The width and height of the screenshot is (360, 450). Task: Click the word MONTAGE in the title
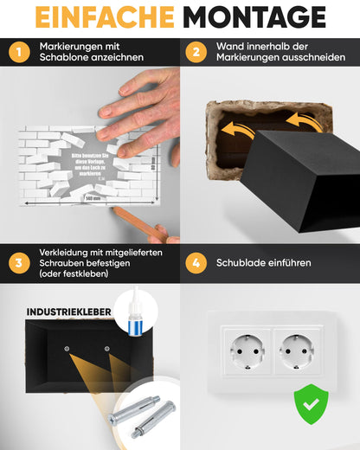tap(256, 16)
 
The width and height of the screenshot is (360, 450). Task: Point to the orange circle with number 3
tap(18, 262)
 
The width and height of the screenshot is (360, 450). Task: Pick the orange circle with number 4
tap(197, 262)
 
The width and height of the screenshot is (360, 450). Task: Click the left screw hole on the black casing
tap(67, 349)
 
